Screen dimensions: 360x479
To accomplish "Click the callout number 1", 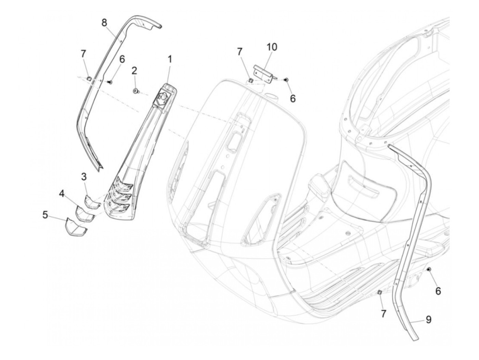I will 169,59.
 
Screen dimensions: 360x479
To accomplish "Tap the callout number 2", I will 134,71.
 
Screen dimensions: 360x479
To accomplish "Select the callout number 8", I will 104,23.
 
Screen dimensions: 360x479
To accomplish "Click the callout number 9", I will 428,320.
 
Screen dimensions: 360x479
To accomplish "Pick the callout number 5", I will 45,215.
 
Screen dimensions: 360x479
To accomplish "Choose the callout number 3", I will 84,177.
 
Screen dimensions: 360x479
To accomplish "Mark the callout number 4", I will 62,194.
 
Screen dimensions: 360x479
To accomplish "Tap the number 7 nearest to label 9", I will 383,313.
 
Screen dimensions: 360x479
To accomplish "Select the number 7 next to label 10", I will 239,52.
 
